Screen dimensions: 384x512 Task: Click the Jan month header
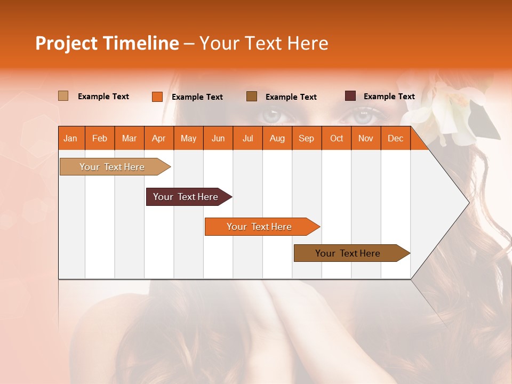coord(70,139)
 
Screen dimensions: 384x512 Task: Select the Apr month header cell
coord(159,139)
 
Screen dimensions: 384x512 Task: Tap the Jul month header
coord(247,139)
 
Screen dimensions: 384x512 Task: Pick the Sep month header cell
coord(306,139)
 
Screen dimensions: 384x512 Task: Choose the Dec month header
coord(395,139)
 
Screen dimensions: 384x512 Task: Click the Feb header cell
coord(100,139)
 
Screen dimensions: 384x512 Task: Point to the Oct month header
coord(337,139)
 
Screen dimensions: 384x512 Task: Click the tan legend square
coord(63,96)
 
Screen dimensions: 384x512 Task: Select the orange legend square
coord(157,97)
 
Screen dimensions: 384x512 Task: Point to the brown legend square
coord(251,96)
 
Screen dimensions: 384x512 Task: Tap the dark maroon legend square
coord(350,96)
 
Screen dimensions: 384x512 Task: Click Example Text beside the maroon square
coord(389,97)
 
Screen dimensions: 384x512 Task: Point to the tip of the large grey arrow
coord(468,203)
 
